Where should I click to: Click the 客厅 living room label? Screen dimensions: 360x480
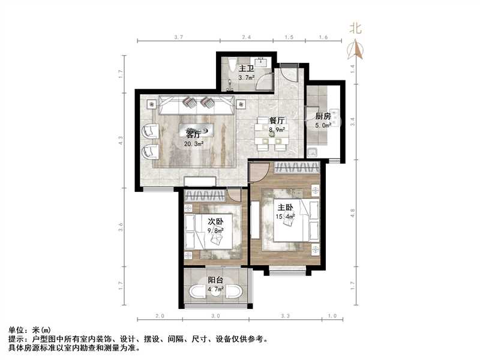193,133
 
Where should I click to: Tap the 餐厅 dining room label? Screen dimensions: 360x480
277,120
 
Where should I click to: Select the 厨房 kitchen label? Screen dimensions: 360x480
323,116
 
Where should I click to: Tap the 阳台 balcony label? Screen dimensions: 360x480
215,280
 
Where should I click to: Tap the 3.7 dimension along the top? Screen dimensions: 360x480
178,37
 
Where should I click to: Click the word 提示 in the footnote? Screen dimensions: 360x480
16,339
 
